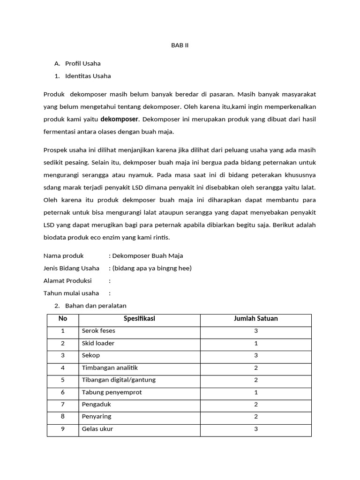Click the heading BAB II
coord(180,45)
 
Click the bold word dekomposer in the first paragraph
coord(120,119)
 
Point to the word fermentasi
coord(61,132)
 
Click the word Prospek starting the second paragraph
coord(56,150)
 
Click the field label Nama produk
coord(63,255)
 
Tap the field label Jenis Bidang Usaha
coord(71,268)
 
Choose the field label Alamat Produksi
coord(67,281)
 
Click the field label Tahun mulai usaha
coord(71,293)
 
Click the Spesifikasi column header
coord(139,319)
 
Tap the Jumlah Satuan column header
coord(255,319)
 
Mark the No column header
coord(63,319)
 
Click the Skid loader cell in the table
coord(98,343)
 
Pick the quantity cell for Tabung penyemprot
coord(256,392)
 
